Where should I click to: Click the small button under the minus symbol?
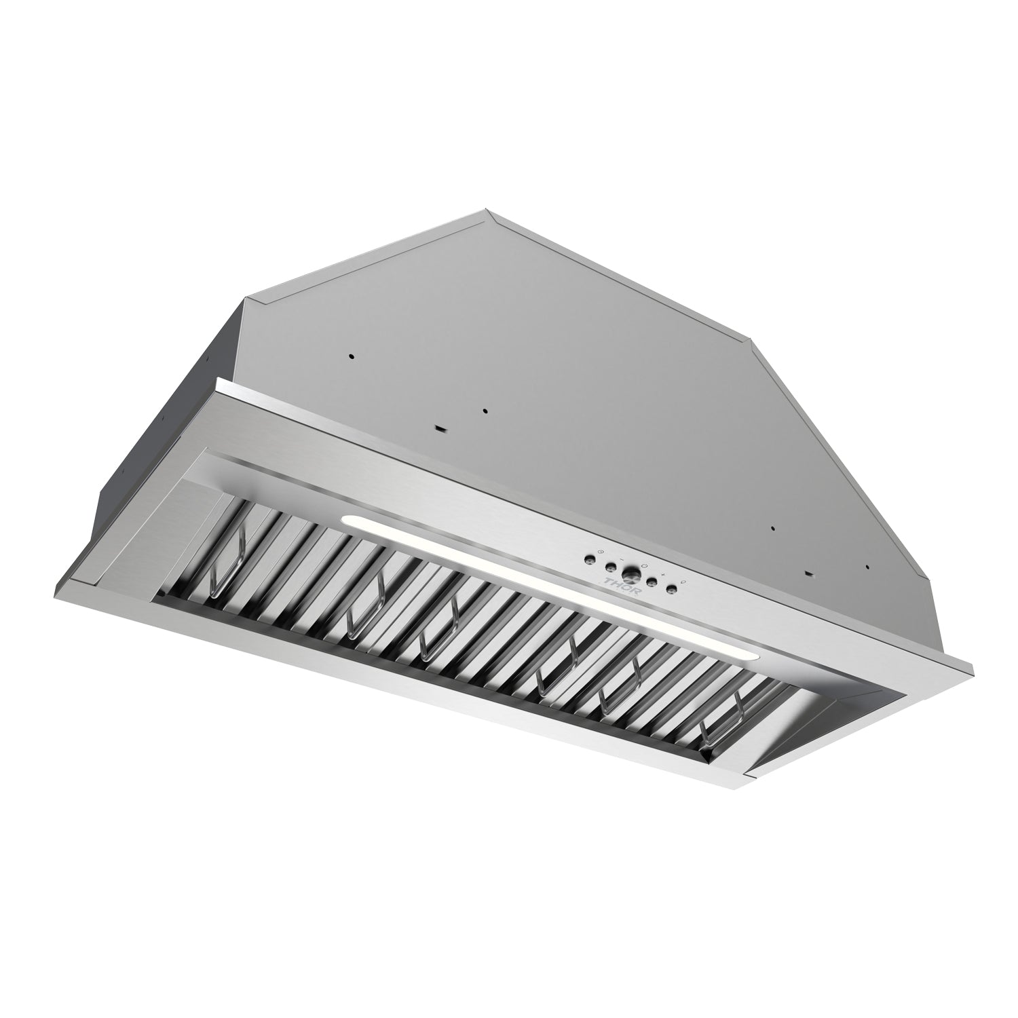[x=611, y=567]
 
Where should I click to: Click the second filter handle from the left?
[x=364, y=603]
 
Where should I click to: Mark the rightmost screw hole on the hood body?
[x=867, y=567]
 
